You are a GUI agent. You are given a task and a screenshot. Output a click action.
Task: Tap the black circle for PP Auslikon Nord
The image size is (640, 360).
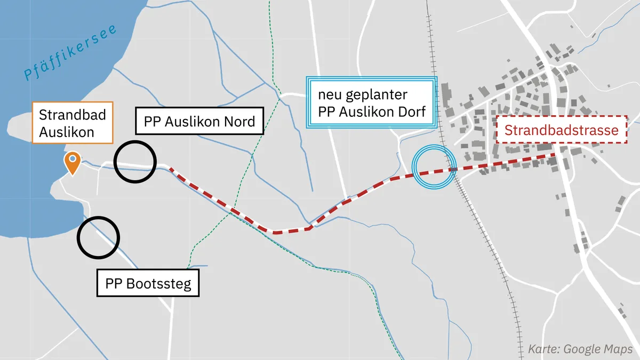coord(135,162)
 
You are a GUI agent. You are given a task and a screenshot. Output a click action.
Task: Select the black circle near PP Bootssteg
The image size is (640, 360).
coord(98,237)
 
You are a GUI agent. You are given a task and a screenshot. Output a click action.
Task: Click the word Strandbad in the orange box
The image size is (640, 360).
coord(73,115)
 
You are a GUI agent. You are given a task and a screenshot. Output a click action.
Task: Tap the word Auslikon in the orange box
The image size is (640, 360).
coord(66,132)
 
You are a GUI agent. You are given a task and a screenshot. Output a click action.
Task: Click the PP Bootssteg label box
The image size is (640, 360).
coord(148,283)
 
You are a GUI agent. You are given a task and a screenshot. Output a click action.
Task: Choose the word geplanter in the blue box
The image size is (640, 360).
coord(378,95)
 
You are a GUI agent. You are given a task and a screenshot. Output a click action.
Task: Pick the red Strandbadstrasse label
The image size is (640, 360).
coord(562,130)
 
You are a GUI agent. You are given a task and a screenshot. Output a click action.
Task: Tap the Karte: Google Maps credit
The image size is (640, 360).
coord(580,349)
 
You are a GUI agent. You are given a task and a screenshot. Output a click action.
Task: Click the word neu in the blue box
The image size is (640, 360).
coord(330,95)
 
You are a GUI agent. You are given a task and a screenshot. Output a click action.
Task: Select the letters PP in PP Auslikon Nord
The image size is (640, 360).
coord(153,122)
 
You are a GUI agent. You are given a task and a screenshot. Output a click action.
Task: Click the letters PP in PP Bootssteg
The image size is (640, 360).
coord(115,283)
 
